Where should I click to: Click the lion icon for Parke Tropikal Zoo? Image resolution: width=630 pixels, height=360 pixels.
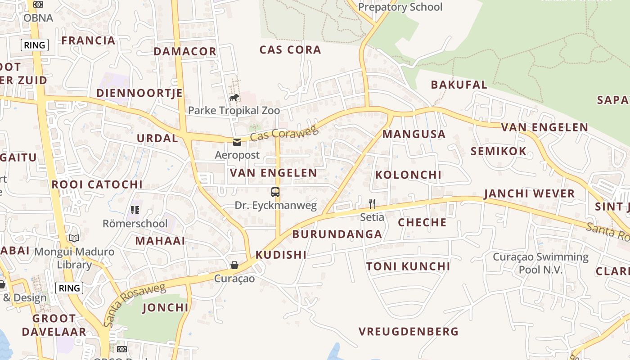pyautogui.click(x=234, y=97)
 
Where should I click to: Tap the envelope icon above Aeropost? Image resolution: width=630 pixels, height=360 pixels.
pyautogui.click(x=237, y=142)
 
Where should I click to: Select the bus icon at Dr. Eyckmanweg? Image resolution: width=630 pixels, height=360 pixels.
pyautogui.click(x=275, y=192)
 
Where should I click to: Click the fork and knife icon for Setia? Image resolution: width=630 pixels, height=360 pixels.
pyautogui.click(x=372, y=204)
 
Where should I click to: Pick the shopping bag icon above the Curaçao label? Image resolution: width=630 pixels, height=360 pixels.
pyautogui.click(x=234, y=265)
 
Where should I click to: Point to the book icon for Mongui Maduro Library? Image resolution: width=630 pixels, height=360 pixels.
pyautogui.click(x=74, y=238)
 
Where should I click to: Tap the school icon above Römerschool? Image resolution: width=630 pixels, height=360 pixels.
pyautogui.click(x=135, y=210)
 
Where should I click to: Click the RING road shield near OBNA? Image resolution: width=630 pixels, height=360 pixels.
pyautogui.click(x=35, y=45)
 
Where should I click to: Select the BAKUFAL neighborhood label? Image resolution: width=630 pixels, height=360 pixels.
pyautogui.click(x=459, y=85)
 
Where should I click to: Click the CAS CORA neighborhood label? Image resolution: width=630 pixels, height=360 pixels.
pyautogui.click(x=290, y=50)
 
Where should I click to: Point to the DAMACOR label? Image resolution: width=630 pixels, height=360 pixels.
pyautogui.click(x=185, y=51)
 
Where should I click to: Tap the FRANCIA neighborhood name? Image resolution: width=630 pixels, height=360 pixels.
pyautogui.click(x=88, y=40)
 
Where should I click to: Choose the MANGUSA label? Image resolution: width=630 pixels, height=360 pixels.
pyautogui.click(x=414, y=134)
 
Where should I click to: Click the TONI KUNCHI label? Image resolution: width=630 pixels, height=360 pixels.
pyautogui.click(x=408, y=266)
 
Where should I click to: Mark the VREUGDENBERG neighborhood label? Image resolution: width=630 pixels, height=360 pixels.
pyautogui.click(x=408, y=332)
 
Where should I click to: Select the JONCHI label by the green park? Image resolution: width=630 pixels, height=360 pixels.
pyautogui.click(x=165, y=308)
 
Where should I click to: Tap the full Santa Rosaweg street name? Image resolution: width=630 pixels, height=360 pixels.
pyautogui.click(x=134, y=305)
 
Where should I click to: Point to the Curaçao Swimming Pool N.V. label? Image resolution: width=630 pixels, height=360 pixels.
pyautogui.click(x=540, y=263)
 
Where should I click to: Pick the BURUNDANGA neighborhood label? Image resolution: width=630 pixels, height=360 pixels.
pyautogui.click(x=337, y=234)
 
